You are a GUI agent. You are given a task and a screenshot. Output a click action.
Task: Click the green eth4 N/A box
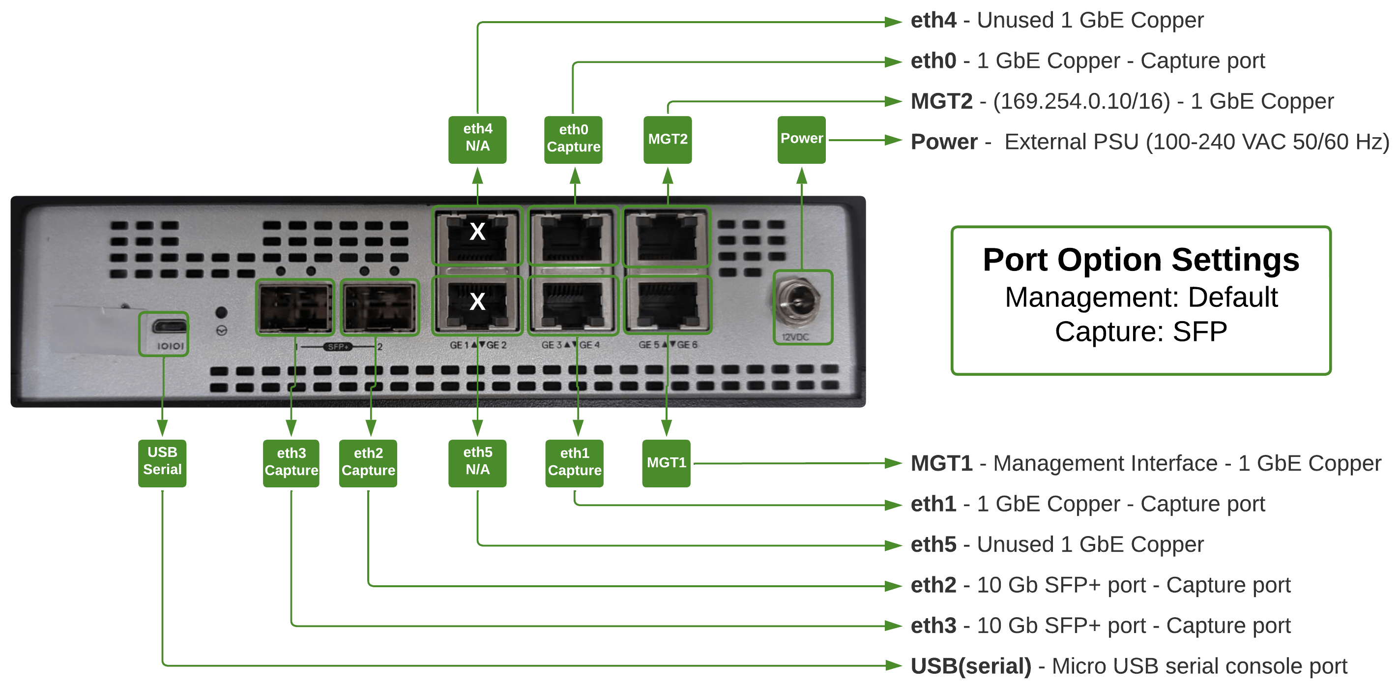pyautogui.click(x=477, y=140)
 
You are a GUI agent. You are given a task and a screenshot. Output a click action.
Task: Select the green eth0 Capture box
pyautogui.click(x=573, y=140)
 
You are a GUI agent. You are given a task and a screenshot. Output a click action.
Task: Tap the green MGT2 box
pyautogui.click(x=668, y=140)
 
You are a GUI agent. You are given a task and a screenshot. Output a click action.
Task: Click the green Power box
pyautogui.click(x=802, y=140)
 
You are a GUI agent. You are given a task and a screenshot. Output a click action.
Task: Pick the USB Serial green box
pyautogui.click(x=162, y=463)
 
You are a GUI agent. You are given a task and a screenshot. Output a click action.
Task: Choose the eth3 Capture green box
pyautogui.click(x=291, y=463)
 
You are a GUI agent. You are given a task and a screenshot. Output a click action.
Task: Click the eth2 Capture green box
pyautogui.click(x=368, y=463)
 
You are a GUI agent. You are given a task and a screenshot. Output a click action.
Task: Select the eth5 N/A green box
pyautogui.click(x=477, y=463)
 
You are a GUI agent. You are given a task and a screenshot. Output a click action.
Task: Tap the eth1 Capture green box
pyautogui.click(x=574, y=463)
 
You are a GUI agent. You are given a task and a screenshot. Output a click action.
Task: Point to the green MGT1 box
pyautogui.click(x=667, y=463)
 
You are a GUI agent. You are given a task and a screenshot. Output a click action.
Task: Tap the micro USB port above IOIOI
pyautogui.click(x=169, y=326)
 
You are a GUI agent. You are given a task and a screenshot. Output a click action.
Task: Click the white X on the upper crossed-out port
pyautogui.click(x=477, y=232)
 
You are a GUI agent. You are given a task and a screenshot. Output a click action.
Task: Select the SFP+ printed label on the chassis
pyautogui.click(x=338, y=347)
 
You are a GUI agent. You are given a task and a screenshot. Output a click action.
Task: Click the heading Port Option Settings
pyautogui.click(x=1140, y=260)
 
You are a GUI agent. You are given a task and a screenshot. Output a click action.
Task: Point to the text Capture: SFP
pyautogui.click(x=1140, y=331)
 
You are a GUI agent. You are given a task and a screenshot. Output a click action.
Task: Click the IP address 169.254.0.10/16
pyautogui.click(x=1081, y=102)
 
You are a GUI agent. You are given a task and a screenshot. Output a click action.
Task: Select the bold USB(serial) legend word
pyautogui.click(x=970, y=666)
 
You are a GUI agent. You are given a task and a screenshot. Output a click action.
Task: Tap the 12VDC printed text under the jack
pyautogui.click(x=795, y=337)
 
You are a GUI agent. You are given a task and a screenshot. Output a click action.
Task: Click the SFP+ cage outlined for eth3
pyautogui.click(x=295, y=307)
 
